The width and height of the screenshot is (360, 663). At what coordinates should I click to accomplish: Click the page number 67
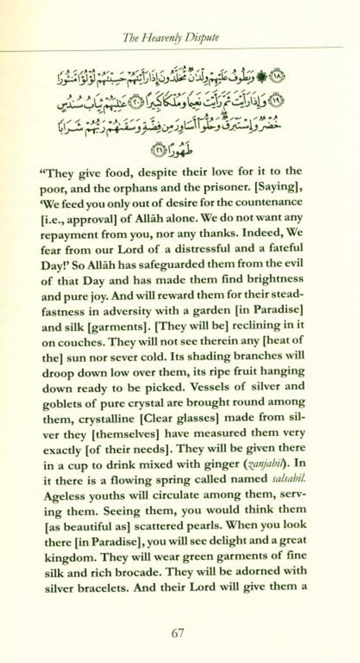(177, 633)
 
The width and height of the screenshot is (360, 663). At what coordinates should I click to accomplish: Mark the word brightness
(271, 279)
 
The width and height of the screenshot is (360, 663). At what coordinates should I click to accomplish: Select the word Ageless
(62, 495)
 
